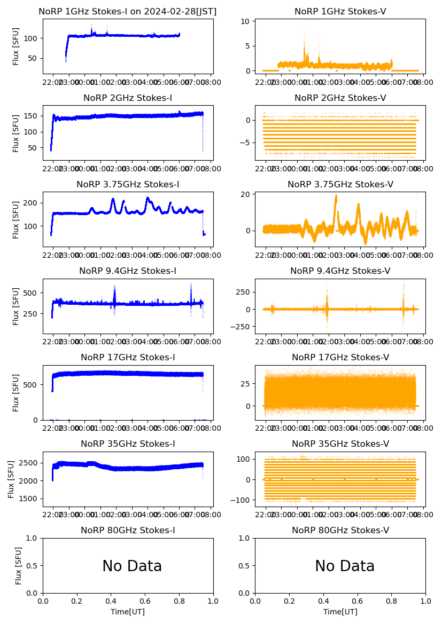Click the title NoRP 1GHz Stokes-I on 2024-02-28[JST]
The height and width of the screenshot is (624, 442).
tap(128, 12)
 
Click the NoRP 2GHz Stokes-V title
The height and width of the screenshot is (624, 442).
tap(340, 98)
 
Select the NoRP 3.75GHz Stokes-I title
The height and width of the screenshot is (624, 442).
tap(128, 185)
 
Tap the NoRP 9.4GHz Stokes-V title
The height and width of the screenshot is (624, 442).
tap(340, 271)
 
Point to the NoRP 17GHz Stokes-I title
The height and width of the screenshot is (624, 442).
tap(128, 358)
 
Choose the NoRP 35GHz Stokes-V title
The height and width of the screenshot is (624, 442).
tap(340, 444)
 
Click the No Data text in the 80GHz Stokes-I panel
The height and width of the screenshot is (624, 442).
tap(132, 566)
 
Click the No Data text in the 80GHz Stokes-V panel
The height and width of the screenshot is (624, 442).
tap(345, 566)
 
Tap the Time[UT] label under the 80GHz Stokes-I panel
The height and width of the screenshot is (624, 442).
tap(128, 612)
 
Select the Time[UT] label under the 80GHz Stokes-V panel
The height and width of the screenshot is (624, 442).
tap(340, 612)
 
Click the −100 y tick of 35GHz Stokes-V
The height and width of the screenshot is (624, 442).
tap(242, 500)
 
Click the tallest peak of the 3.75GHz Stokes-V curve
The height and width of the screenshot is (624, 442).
tap(336, 196)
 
